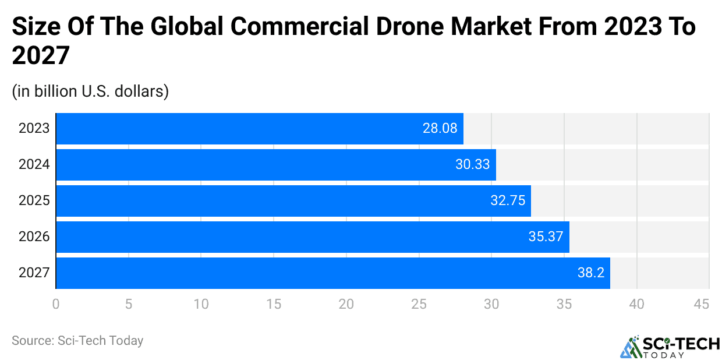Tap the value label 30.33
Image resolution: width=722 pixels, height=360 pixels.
[472, 165]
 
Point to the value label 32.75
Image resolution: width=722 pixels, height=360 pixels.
[508, 201]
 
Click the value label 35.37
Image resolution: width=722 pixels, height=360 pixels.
[546, 237]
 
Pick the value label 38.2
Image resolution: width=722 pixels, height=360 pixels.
[590, 273]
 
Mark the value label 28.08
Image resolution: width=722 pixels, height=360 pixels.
[440, 129]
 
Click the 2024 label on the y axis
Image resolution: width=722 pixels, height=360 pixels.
[34, 165]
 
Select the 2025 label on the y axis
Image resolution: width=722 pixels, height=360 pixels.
[34, 201]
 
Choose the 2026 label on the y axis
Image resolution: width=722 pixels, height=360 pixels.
[34, 237]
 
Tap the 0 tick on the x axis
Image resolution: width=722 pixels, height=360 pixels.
[56, 303]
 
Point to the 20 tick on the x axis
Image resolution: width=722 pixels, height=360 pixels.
[346, 303]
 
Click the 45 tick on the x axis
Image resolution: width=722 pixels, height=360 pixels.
[702, 303]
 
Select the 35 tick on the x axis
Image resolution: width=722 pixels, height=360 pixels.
[564, 303]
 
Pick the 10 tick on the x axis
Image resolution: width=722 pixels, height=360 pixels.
[201, 303]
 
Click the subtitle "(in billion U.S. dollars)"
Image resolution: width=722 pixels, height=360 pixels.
[90, 91]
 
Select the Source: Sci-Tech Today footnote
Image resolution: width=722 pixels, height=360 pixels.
[77, 341]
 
